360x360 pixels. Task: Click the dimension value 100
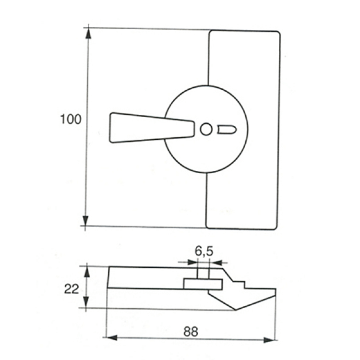(71, 120)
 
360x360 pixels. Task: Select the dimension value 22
(72, 289)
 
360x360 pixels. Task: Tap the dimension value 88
(191, 332)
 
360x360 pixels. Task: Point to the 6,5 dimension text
(204, 251)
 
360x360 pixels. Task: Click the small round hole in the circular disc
(206, 130)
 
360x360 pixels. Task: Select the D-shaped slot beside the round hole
(227, 130)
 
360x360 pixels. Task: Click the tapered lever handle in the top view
(152, 128)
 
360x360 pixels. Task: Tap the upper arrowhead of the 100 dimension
(88, 34)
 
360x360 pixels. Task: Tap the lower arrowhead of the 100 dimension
(85, 221)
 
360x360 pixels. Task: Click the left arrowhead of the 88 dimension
(112, 338)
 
